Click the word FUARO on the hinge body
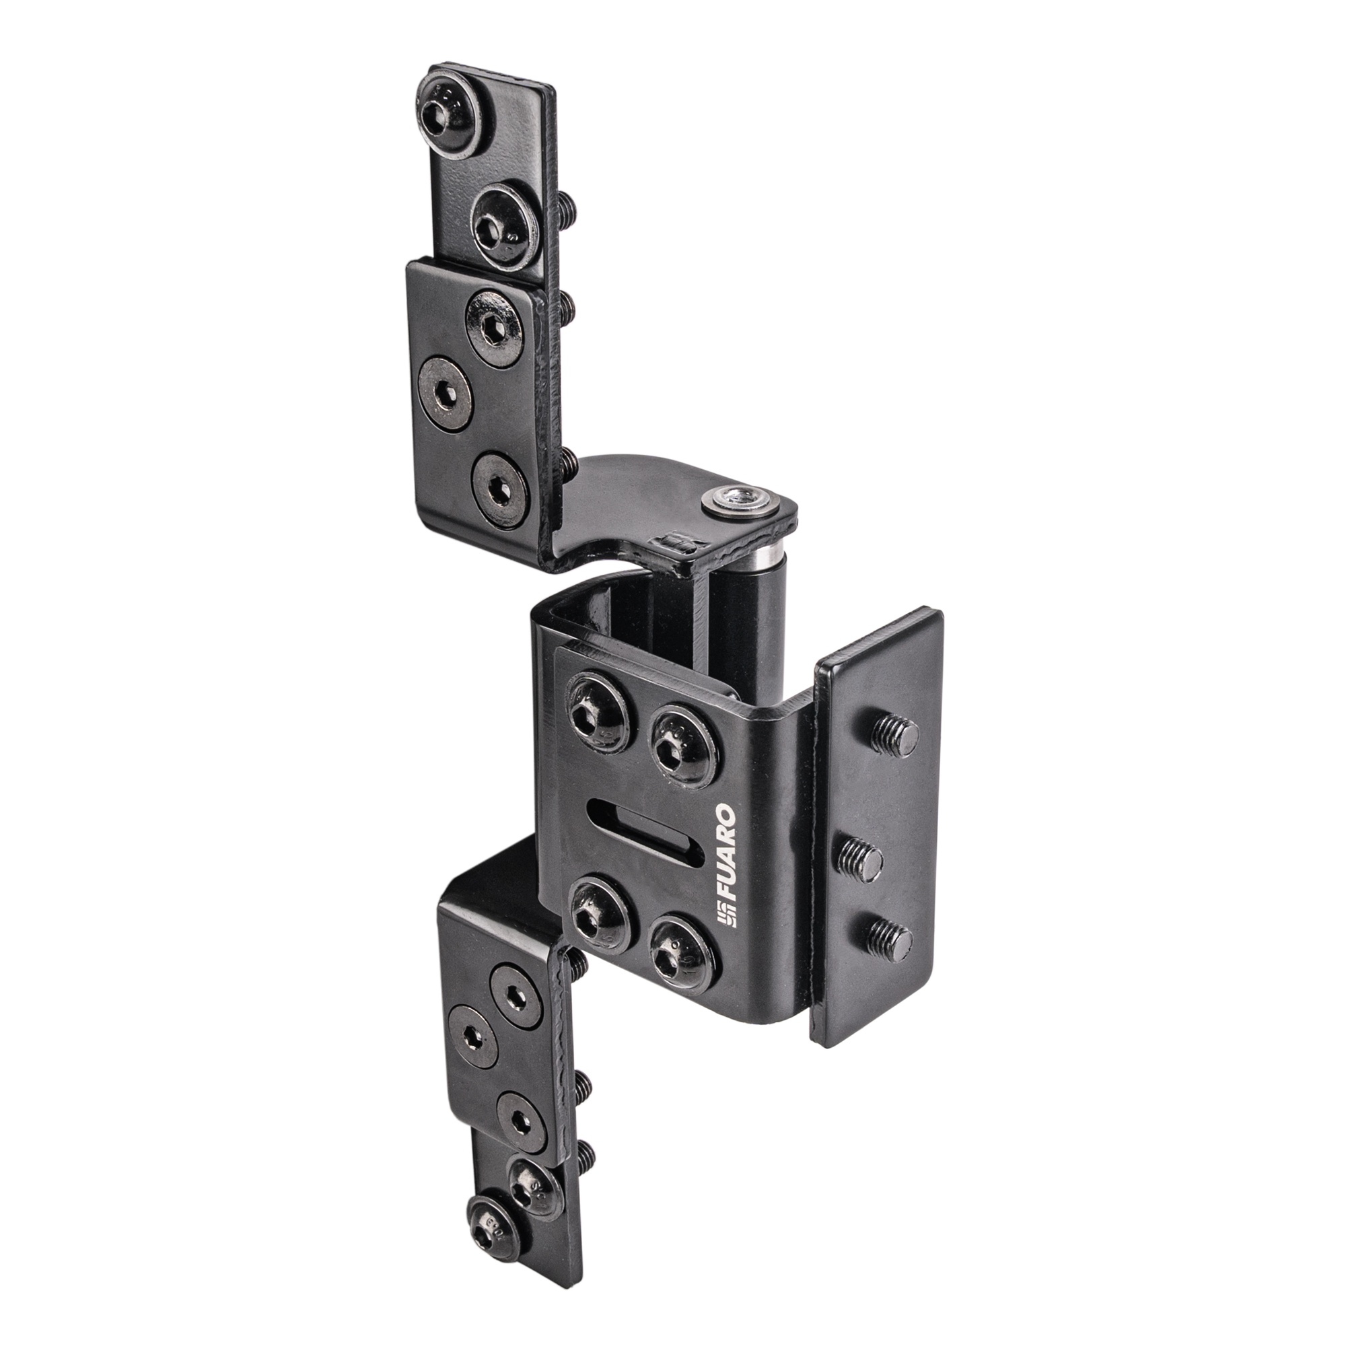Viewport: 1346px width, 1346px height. click(x=725, y=851)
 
